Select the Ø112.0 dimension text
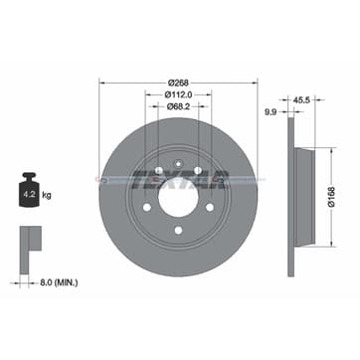pyautogui.click(x=179, y=95)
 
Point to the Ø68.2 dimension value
pyautogui.click(x=179, y=109)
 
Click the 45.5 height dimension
pyautogui.click(x=300, y=99)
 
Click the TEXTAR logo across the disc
pyautogui.click(x=179, y=179)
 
